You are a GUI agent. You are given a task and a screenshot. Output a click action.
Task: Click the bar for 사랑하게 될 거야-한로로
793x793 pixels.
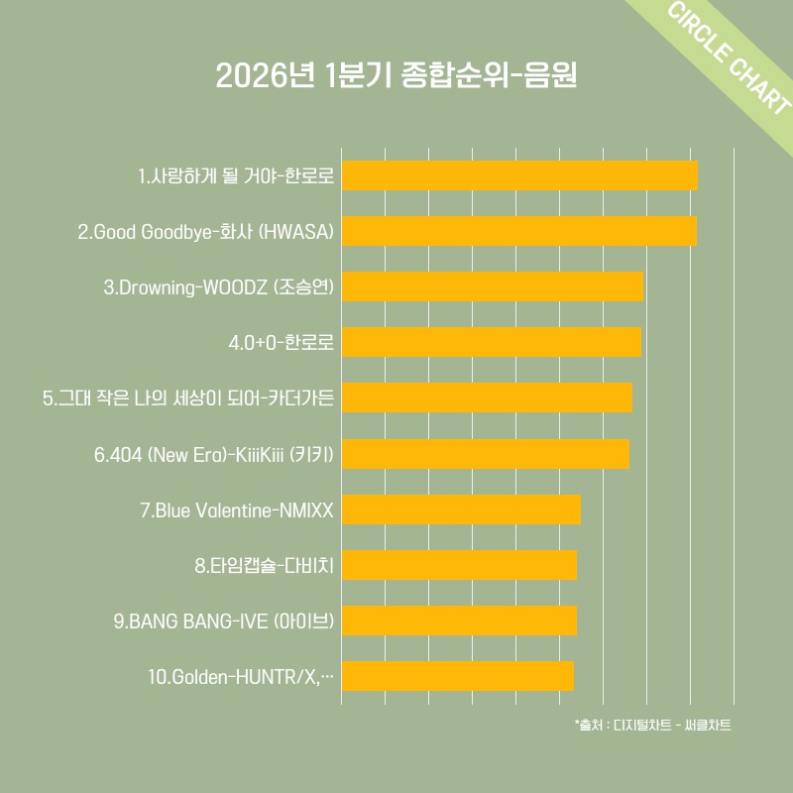[x=519, y=175]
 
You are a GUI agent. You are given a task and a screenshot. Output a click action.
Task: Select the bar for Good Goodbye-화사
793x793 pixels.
[x=518, y=231]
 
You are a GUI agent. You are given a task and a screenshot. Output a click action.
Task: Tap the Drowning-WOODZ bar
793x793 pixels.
[x=492, y=286]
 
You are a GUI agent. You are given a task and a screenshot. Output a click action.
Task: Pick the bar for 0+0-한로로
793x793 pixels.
[x=491, y=342]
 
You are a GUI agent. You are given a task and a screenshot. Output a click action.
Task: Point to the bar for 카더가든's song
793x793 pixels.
[x=487, y=397]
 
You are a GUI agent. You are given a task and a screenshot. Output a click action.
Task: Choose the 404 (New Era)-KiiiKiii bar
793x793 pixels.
[x=485, y=454]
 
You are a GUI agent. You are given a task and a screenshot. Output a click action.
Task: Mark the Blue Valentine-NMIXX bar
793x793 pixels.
[x=461, y=510]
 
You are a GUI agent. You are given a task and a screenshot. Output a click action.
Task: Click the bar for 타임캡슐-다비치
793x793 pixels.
[x=459, y=565]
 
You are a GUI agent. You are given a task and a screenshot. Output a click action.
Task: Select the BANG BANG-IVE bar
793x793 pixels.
[x=459, y=621]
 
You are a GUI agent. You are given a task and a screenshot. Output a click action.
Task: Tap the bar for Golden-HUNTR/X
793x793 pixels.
[x=457, y=676]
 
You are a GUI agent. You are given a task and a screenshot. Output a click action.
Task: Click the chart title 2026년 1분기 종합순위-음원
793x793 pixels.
[x=396, y=76]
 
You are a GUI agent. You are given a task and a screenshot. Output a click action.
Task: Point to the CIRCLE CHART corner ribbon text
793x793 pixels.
[x=729, y=62]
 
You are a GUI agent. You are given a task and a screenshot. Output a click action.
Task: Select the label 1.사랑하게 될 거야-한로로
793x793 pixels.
[x=236, y=176]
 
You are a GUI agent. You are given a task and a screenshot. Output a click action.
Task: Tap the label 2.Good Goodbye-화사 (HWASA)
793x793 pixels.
[x=205, y=232]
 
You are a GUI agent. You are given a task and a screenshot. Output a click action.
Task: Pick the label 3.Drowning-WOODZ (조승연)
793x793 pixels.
[x=218, y=287]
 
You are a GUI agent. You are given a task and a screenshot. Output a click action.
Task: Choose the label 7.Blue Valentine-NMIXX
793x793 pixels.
[x=237, y=510]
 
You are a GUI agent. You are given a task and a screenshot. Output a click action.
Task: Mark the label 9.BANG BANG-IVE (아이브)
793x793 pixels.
[x=224, y=622]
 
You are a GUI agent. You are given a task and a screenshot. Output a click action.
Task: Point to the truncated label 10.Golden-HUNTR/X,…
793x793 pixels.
[x=241, y=677]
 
